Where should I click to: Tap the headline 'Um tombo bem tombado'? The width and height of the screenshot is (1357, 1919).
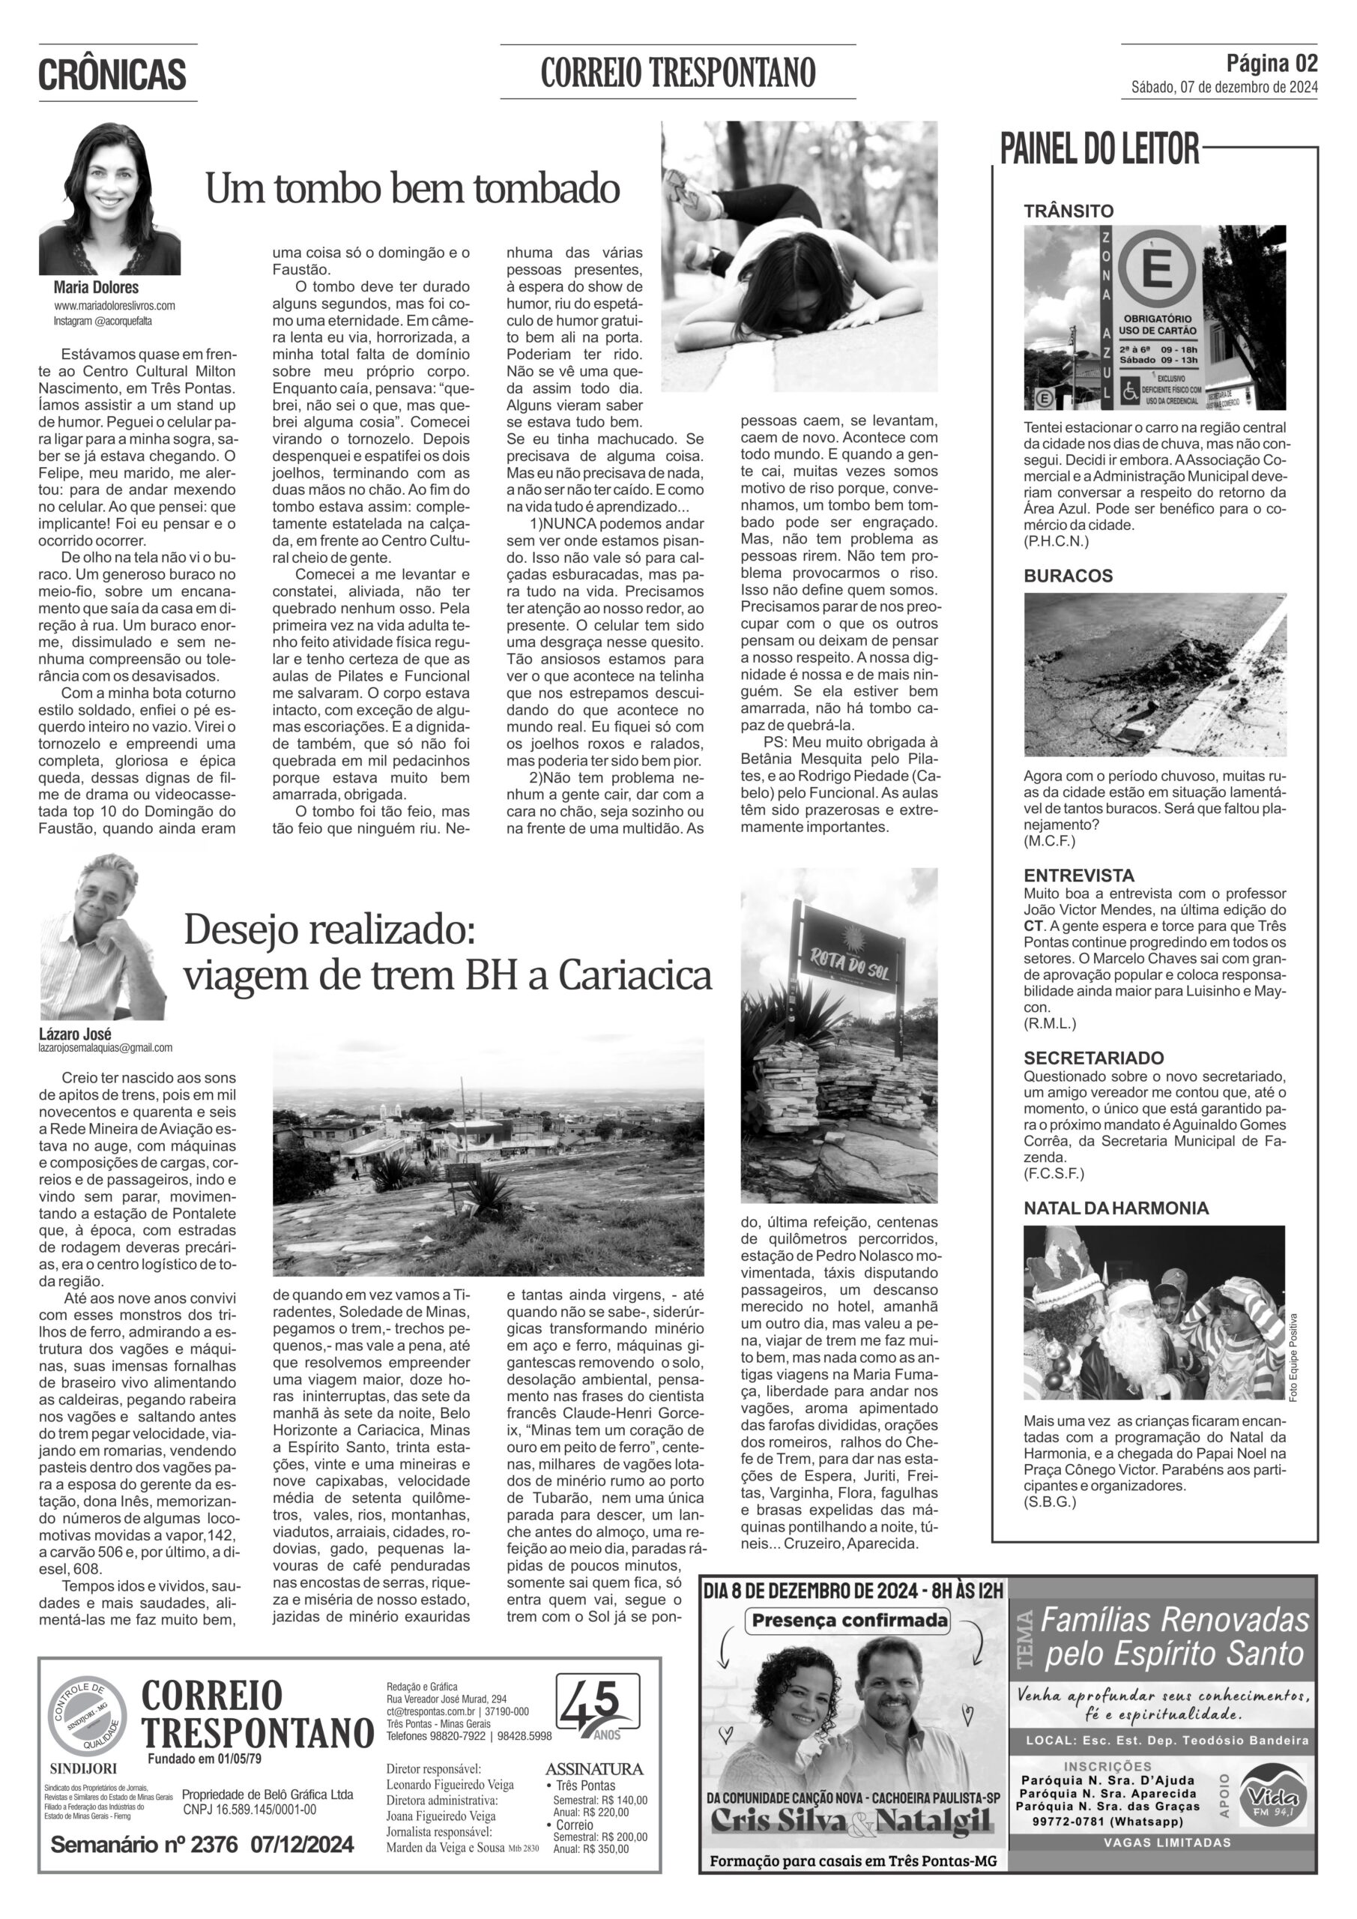(x=412, y=189)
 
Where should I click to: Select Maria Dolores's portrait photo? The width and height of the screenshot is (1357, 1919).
(x=109, y=199)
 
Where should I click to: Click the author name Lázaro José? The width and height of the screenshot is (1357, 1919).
(x=74, y=1034)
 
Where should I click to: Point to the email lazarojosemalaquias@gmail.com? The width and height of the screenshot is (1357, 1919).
(x=106, y=1047)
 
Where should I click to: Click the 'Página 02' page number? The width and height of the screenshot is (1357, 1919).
(x=1272, y=63)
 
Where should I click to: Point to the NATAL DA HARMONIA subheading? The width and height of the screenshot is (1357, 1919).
(x=1116, y=1208)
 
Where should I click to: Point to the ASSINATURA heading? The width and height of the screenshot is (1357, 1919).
(x=593, y=1768)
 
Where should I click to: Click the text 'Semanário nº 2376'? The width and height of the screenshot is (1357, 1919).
(x=144, y=1845)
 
